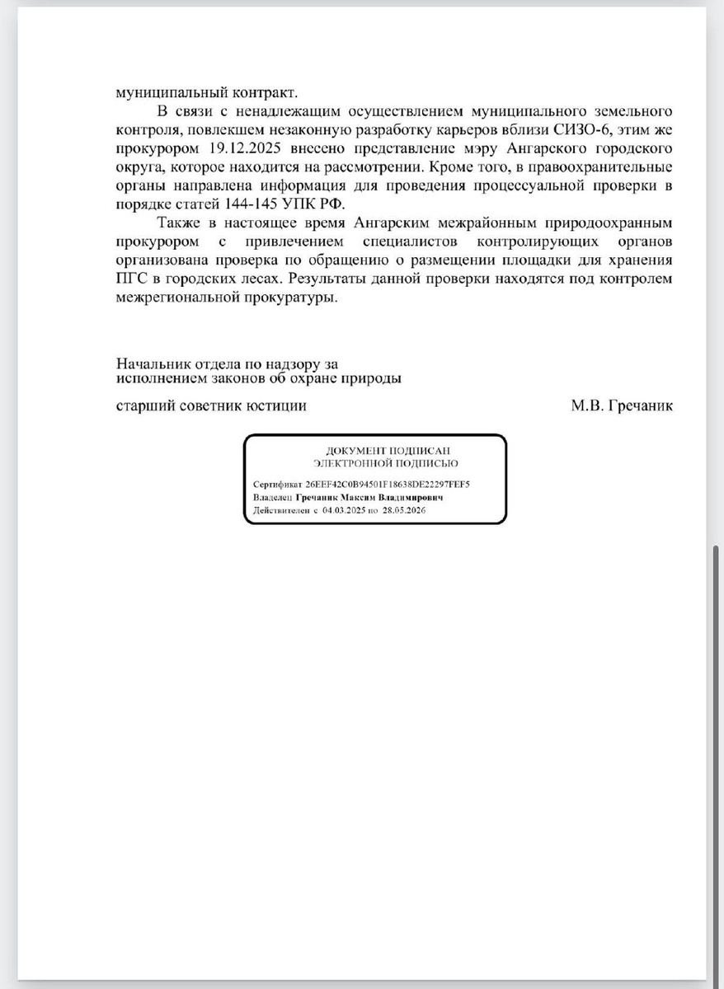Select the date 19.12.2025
[234, 149]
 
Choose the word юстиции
[277, 405]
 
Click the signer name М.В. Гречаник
[621, 405]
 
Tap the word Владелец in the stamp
[272, 499]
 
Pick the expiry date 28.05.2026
[403, 511]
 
